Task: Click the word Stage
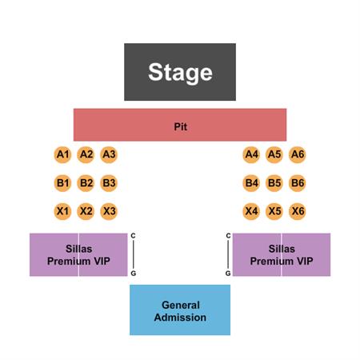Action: pyautogui.click(x=180, y=73)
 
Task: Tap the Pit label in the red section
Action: pyautogui.click(x=181, y=126)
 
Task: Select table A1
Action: pyautogui.click(x=62, y=154)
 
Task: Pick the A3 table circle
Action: pyautogui.click(x=109, y=154)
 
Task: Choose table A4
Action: pyautogui.click(x=251, y=154)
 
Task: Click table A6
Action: pyautogui.click(x=298, y=154)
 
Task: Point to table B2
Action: pyautogui.click(x=86, y=183)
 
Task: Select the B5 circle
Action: pyautogui.click(x=274, y=183)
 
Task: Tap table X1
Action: pyautogui.click(x=62, y=211)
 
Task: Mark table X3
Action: pyautogui.click(x=109, y=211)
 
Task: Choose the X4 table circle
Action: pyautogui.click(x=251, y=211)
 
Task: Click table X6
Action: pyautogui.click(x=298, y=211)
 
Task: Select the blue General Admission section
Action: pyautogui.click(x=180, y=310)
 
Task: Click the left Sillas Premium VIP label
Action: pyautogui.click(x=78, y=255)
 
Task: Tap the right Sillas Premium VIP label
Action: pyautogui.click(x=282, y=255)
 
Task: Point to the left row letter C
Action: pyautogui.click(x=133, y=236)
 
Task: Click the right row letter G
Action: pyautogui.click(x=228, y=274)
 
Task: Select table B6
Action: pyautogui.click(x=298, y=183)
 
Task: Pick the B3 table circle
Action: pyautogui.click(x=109, y=183)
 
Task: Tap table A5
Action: pyautogui.click(x=274, y=154)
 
